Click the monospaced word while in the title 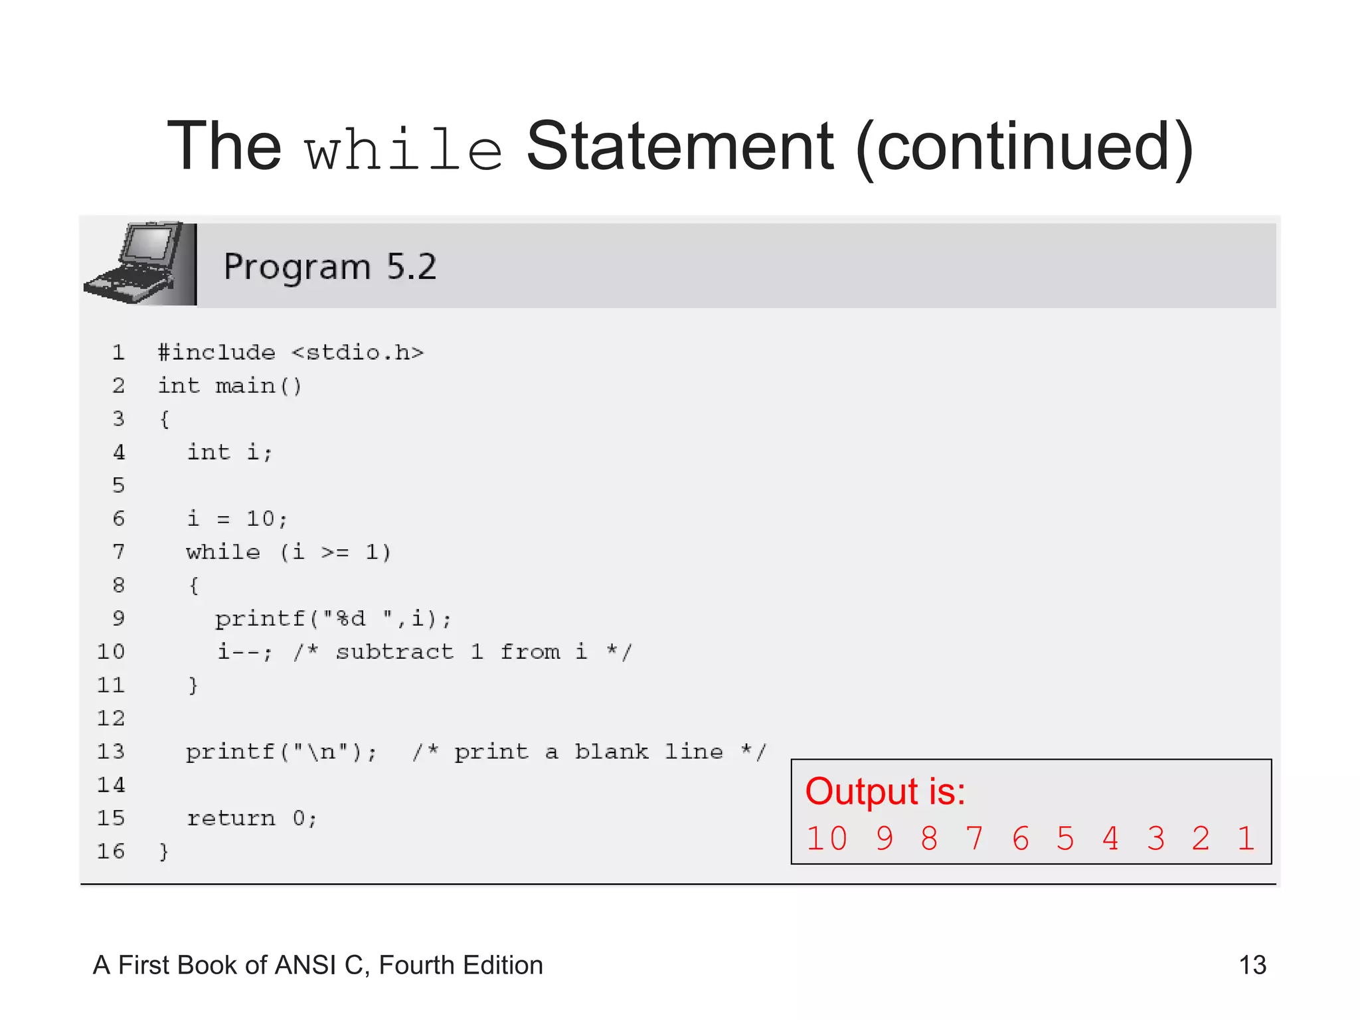403,150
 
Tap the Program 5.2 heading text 330,267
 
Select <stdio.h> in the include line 357,352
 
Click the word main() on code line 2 258,386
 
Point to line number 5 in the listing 118,485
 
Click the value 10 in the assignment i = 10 260,519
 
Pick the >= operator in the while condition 335,552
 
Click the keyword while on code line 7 223,552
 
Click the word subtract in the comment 394,652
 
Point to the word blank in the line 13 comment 611,752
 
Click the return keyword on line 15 230,818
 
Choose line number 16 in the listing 111,851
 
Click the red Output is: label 885,792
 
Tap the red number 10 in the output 827,839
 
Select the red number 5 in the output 1065,839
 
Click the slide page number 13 1252,965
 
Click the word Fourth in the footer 416,965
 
